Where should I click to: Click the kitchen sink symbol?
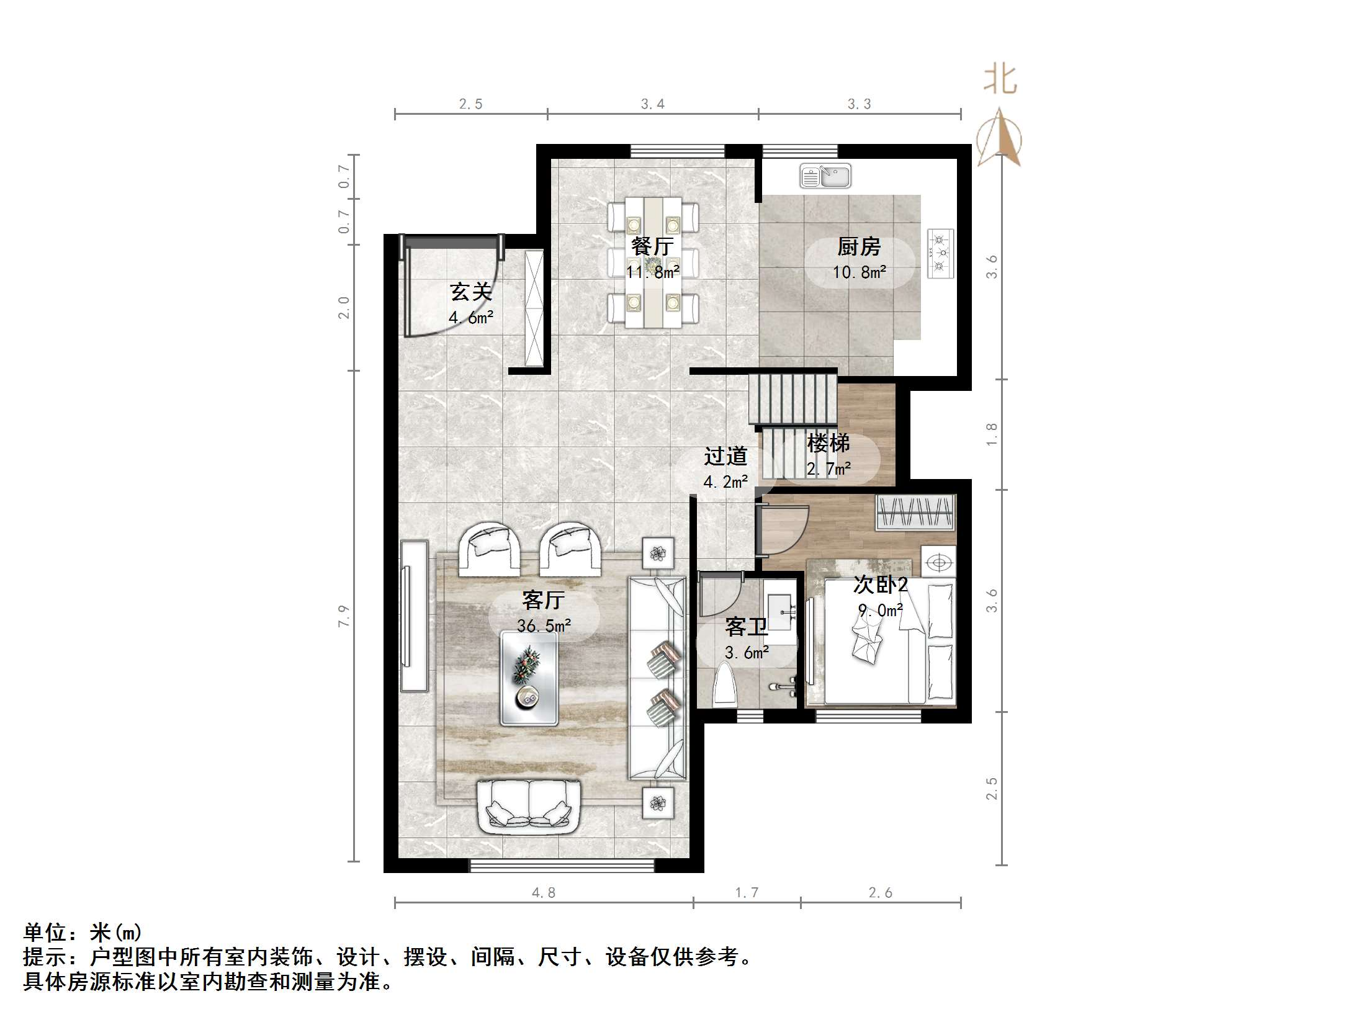pyautogui.click(x=825, y=176)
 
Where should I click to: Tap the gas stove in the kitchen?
pyautogui.click(x=940, y=253)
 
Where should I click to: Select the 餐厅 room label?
pyautogui.click(x=652, y=247)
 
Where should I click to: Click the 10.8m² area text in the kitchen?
pyautogui.click(x=859, y=272)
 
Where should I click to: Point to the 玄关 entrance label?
pyautogui.click(x=470, y=292)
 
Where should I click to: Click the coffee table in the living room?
pyautogui.click(x=529, y=678)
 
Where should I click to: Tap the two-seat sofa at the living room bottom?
pyautogui.click(x=529, y=806)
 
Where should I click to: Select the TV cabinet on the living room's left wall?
pyautogui.click(x=414, y=616)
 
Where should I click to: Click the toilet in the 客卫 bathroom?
pyautogui.click(x=724, y=684)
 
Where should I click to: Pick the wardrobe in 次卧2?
pyautogui.click(x=915, y=513)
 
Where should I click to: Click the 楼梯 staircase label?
pyautogui.click(x=828, y=443)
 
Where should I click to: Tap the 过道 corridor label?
pyautogui.click(x=725, y=457)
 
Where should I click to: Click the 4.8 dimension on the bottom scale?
pyautogui.click(x=543, y=892)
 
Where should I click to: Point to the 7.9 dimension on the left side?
pyautogui.click(x=344, y=616)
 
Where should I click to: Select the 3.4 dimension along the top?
pyautogui.click(x=652, y=104)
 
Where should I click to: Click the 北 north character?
pyautogui.click(x=999, y=79)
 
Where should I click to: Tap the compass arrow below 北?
pyautogui.click(x=999, y=140)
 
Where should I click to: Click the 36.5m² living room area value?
pyautogui.click(x=544, y=625)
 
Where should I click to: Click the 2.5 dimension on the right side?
pyautogui.click(x=992, y=788)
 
